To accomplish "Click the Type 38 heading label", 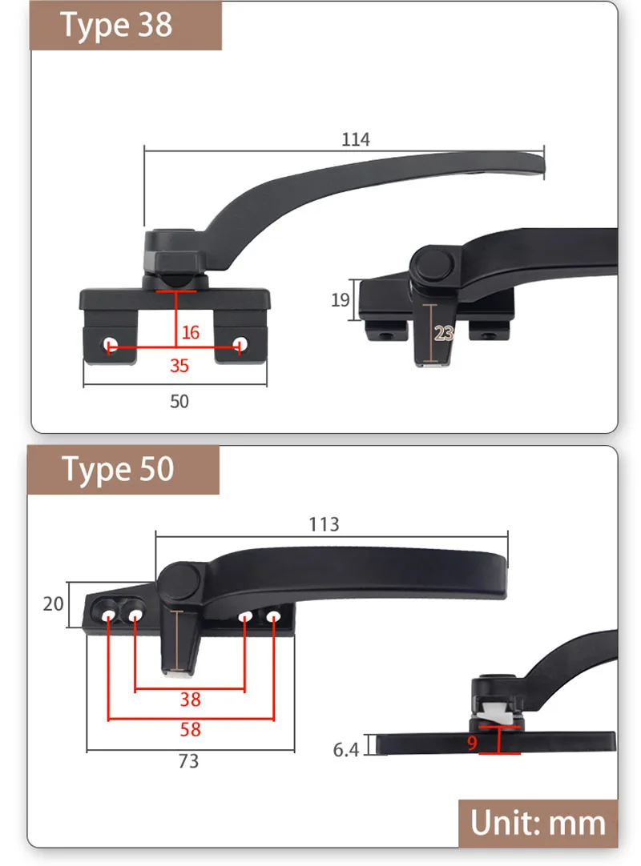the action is tap(116, 26).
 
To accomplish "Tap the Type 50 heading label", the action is tap(118, 470).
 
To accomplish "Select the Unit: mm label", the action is tap(538, 823).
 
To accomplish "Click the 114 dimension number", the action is tap(355, 139).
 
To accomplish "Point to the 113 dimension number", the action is tap(324, 524).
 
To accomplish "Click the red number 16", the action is tap(190, 332).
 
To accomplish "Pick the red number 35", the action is tap(179, 366).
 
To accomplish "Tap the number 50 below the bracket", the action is tap(179, 401).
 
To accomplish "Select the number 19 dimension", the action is tap(341, 300).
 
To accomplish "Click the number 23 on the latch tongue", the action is tap(444, 333).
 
